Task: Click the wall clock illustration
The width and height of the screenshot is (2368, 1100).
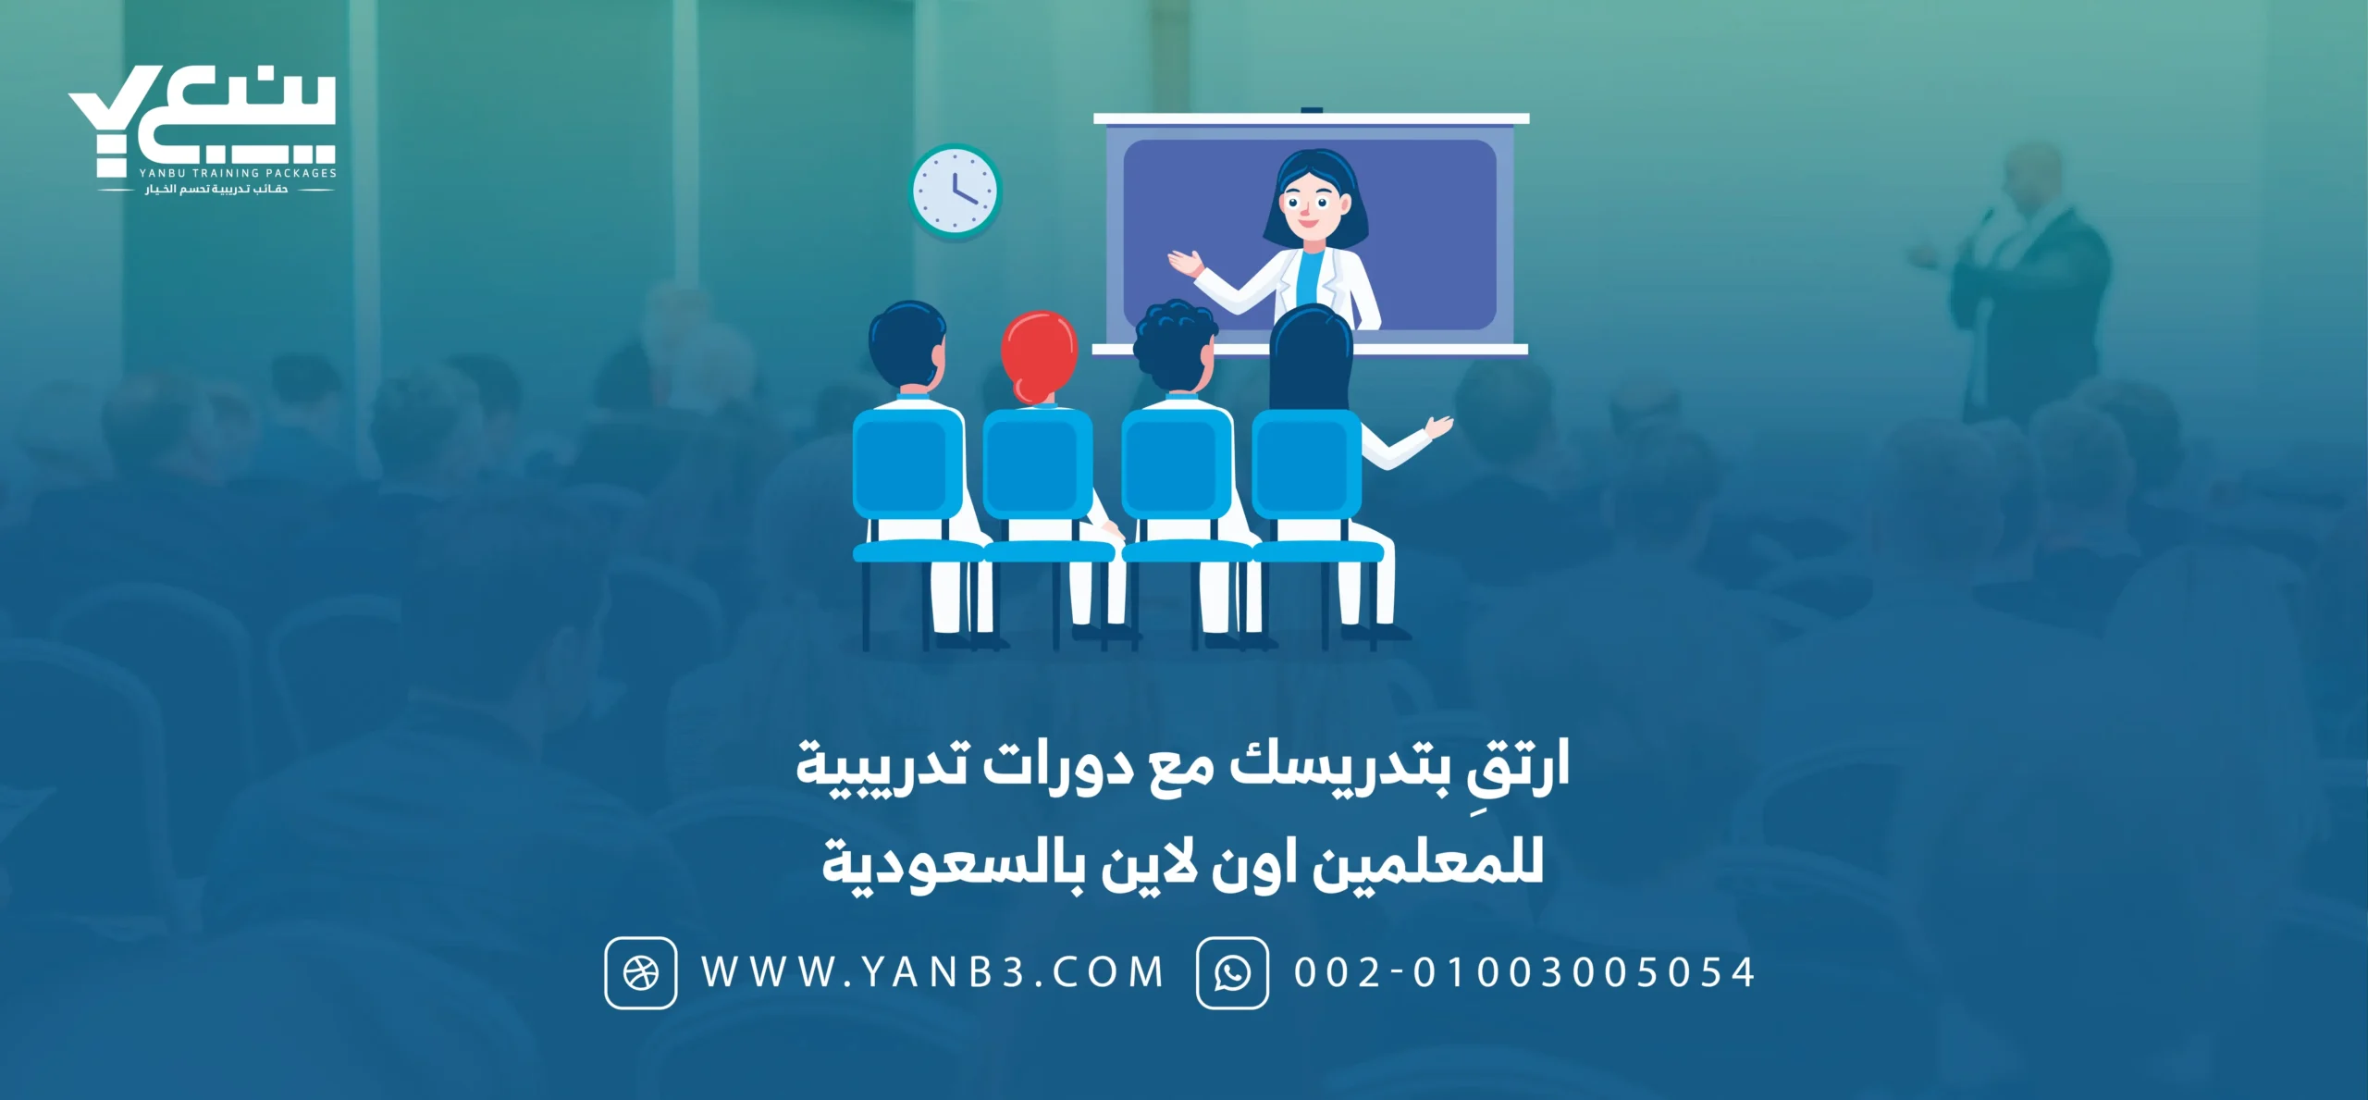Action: pyautogui.click(x=956, y=192)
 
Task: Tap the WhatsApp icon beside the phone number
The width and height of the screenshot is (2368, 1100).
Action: pyautogui.click(x=1232, y=972)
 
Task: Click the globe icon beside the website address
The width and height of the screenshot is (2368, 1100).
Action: pyautogui.click(x=641, y=972)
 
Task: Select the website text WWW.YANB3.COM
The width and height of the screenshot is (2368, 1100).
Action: pyautogui.click(x=931, y=972)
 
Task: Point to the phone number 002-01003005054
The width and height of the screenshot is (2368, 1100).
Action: pyautogui.click(x=1524, y=972)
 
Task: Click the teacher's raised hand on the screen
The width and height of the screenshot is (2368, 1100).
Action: pyautogui.click(x=1185, y=263)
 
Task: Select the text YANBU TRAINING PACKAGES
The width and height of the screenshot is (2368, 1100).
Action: pyautogui.click(x=238, y=173)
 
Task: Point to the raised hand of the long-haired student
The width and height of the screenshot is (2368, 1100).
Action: pyautogui.click(x=1439, y=427)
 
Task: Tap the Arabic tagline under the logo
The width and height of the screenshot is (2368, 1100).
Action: pyautogui.click(x=216, y=190)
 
